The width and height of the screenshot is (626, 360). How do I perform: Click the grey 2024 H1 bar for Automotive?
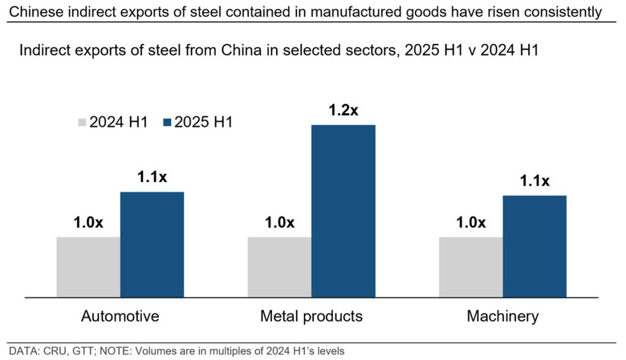point(88,266)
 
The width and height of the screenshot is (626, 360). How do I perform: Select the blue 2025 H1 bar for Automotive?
point(152,244)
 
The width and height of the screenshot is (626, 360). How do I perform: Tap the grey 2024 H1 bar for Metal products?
point(279,266)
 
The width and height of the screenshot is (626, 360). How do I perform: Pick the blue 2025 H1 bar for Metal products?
point(343,211)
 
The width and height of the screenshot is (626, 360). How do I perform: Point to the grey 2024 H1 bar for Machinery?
point(471,266)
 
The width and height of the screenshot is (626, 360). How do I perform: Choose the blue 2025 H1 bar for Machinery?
point(534,246)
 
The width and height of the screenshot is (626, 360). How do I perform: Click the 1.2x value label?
point(343,111)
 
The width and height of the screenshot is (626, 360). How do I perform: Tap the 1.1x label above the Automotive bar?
point(152,178)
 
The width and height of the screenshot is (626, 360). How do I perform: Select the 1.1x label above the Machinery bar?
point(534,181)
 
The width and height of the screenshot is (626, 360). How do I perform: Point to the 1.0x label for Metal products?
point(279,222)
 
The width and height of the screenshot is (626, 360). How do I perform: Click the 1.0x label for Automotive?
point(88,222)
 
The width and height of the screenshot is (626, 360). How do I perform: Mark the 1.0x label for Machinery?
point(471,222)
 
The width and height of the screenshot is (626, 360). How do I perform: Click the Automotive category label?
point(120,316)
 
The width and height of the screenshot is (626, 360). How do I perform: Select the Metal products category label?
point(311,316)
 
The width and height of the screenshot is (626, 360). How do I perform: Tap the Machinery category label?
point(503,316)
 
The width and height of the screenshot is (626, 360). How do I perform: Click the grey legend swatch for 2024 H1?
point(81,122)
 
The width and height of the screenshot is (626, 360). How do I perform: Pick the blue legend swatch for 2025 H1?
point(166,122)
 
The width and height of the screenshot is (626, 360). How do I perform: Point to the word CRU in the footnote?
point(46,351)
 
